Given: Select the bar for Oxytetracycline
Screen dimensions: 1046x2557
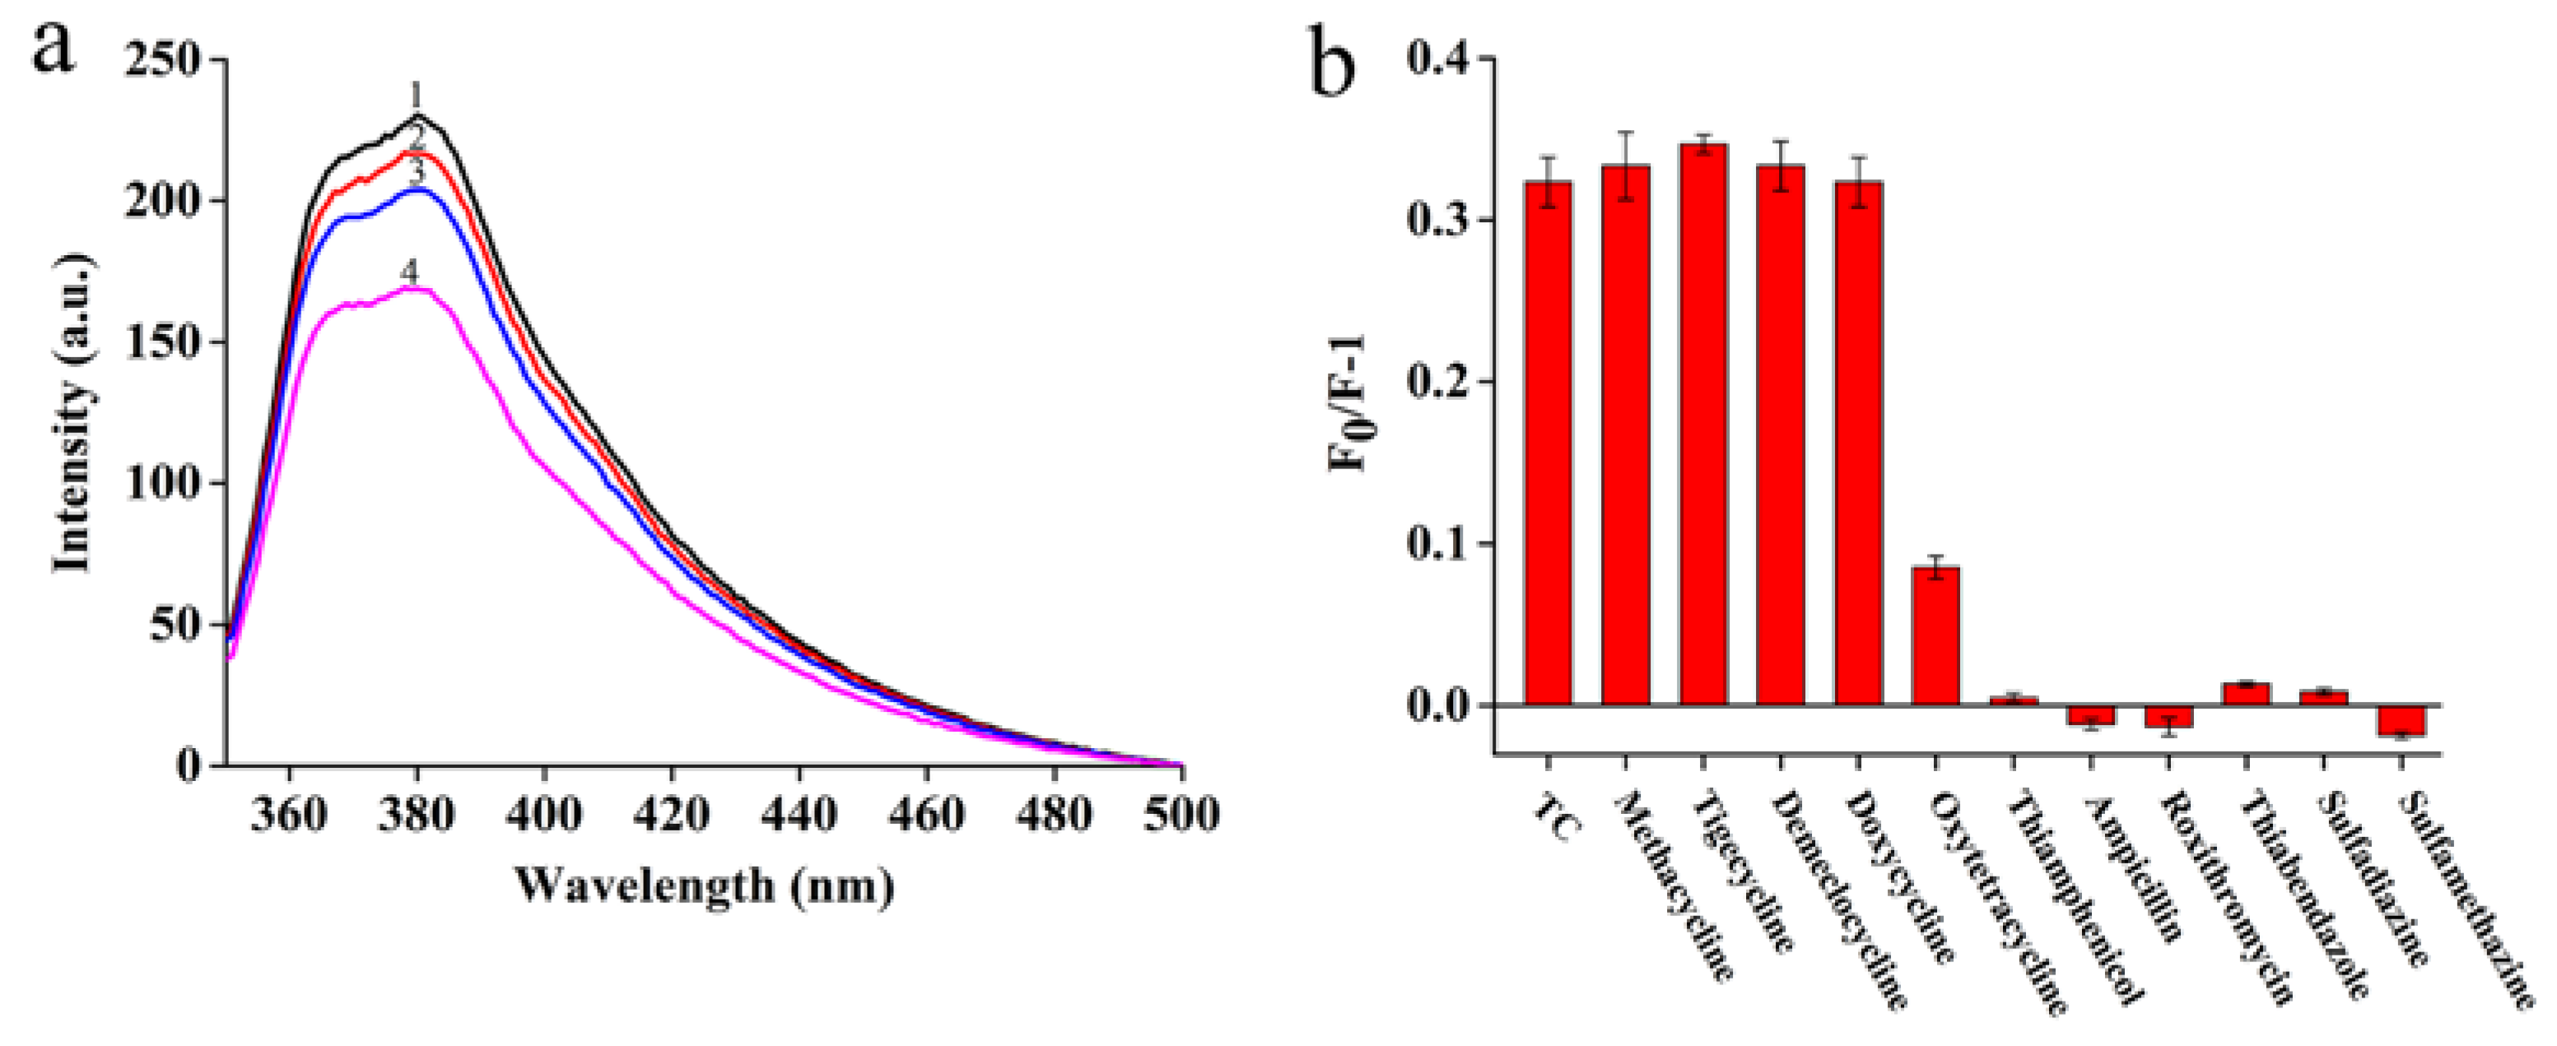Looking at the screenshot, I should tap(1935, 635).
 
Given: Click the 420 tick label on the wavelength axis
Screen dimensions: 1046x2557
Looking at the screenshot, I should tap(672, 814).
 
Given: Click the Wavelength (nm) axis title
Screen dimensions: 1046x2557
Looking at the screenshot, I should tap(704, 886).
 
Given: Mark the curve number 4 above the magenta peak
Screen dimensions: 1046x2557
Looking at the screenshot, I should tap(409, 271).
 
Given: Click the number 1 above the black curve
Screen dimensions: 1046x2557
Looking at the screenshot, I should tap(416, 96).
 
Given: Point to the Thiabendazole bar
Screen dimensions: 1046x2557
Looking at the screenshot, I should tap(2245, 693).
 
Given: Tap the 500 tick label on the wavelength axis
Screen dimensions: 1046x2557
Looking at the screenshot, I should tap(1181, 814).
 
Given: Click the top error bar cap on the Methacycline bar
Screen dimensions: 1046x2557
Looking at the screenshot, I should tap(1625, 132).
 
